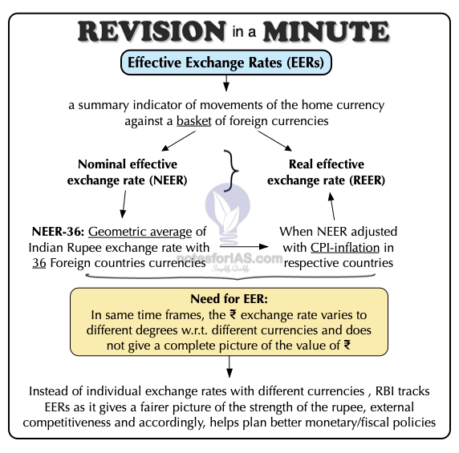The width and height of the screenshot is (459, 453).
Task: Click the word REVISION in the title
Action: coord(152,31)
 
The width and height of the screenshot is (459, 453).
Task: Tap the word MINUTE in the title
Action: coord(326,31)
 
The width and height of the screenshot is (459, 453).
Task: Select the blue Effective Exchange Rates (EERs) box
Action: coord(226,63)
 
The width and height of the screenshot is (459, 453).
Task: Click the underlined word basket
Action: coord(193,121)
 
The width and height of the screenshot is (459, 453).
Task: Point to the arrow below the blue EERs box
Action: coord(226,83)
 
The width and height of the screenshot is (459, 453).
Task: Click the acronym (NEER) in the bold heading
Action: coord(169,180)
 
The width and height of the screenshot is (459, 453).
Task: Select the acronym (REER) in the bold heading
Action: coord(367,180)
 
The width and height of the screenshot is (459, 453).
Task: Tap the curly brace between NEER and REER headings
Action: coord(232,171)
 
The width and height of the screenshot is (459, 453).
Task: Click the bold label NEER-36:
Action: coord(58,232)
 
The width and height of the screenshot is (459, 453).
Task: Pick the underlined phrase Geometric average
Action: coord(140,232)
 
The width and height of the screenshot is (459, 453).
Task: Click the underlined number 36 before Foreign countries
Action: coord(39,263)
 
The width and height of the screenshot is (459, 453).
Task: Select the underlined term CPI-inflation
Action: coord(345,248)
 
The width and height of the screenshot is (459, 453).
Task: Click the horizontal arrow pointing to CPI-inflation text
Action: coord(244,246)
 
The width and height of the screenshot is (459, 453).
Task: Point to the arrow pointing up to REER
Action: coord(331,206)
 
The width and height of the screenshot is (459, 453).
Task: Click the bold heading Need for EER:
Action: coord(229,299)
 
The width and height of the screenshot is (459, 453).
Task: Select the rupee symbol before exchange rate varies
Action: coord(233,314)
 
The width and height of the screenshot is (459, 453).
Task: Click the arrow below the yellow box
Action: coord(229,366)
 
